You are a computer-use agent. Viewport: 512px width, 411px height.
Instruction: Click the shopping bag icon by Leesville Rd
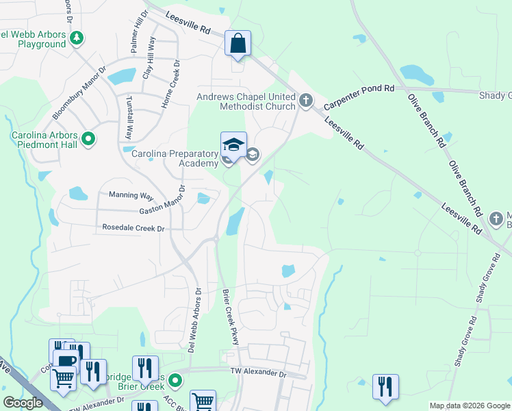coord(238,44)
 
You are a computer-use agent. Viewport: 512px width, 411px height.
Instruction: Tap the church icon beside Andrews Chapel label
coord(305,102)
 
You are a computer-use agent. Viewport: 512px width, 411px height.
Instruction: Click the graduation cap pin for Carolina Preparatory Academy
coord(233,145)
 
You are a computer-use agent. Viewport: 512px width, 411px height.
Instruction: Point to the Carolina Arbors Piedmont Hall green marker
coord(88,140)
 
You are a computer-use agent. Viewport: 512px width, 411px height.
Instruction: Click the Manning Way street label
coord(129,195)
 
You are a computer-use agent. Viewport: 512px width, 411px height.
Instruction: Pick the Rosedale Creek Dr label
coord(133,227)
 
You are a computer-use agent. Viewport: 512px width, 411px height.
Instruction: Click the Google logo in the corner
coord(23,403)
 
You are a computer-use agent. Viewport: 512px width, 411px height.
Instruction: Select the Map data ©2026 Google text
coord(469,406)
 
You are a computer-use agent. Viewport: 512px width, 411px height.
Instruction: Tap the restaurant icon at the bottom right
coord(385,386)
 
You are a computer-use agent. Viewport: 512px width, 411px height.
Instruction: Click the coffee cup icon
coord(66,361)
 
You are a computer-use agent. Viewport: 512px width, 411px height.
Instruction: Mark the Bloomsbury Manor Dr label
coord(86,91)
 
